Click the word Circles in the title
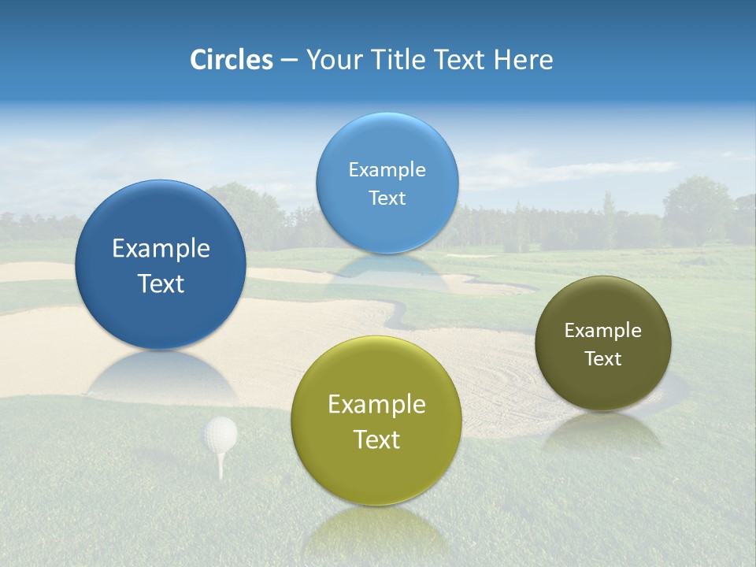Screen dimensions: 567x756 231,60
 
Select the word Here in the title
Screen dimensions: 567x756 523,60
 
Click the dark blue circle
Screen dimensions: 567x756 161,265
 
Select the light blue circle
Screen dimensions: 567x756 387,183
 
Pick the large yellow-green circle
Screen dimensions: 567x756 376,421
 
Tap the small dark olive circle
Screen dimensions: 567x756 602,343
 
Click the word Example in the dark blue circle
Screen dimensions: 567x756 161,249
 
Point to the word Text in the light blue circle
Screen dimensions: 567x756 387,198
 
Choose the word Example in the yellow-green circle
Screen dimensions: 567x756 376,405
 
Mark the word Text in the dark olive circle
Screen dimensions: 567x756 603,359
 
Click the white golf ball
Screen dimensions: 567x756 220,433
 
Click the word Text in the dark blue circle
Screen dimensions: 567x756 161,283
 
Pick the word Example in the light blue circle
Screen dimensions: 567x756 387,170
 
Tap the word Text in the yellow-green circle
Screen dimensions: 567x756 376,439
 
